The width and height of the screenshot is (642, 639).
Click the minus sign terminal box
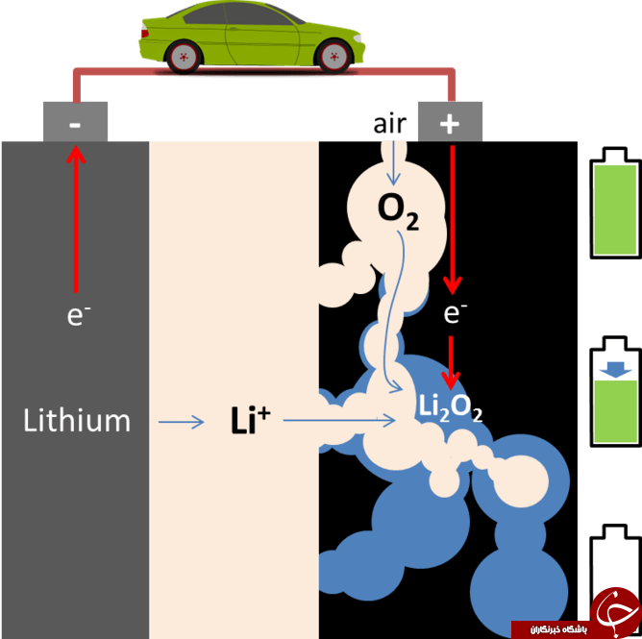pyautogui.click(x=75, y=122)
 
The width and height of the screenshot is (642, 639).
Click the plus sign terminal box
pyautogui.click(x=450, y=122)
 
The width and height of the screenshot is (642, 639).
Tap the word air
pyautogui.click(x=390, y=123)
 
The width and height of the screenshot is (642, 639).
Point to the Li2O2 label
pyautogui.click(x=451, y=408)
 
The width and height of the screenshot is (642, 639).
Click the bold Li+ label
pyautogui.click(x=250, y=420)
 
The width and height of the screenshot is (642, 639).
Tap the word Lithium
pyautogui.click(x=77, y=420)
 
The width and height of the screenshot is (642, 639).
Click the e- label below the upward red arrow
pyautogui.click(x=79, y=315)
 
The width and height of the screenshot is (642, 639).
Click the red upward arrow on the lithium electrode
pyautogui.click(x=76, y=219)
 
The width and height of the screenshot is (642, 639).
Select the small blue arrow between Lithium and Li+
pyautogui.click(x=181, y=422)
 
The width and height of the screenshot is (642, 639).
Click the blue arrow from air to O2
pyautogui.click(x=393, y=163)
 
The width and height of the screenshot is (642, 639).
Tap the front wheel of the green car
pyautogui.click(x=334, y=57)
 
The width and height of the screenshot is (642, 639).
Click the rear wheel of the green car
pyautogui.click(x=184, y=57)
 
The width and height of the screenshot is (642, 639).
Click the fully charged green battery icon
pyautogui.click(x=615, y=203)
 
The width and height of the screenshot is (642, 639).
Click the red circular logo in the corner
pyautogui.click(x=615, y=612)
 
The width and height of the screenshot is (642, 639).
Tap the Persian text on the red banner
pyautogui.click(x=558, y=629)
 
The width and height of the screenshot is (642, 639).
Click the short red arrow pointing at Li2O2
pyautogui.click(x=451, y=362)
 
